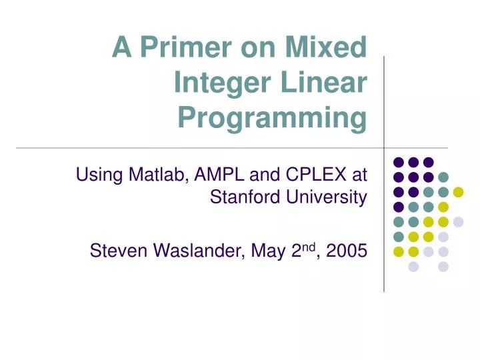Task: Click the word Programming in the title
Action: tap(272, 118)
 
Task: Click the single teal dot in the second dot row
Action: tap(443, 177)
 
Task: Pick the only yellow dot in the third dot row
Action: tap(458, 192)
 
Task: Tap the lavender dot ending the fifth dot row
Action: tap(458, 222)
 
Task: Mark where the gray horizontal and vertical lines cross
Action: tap(384, 147)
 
